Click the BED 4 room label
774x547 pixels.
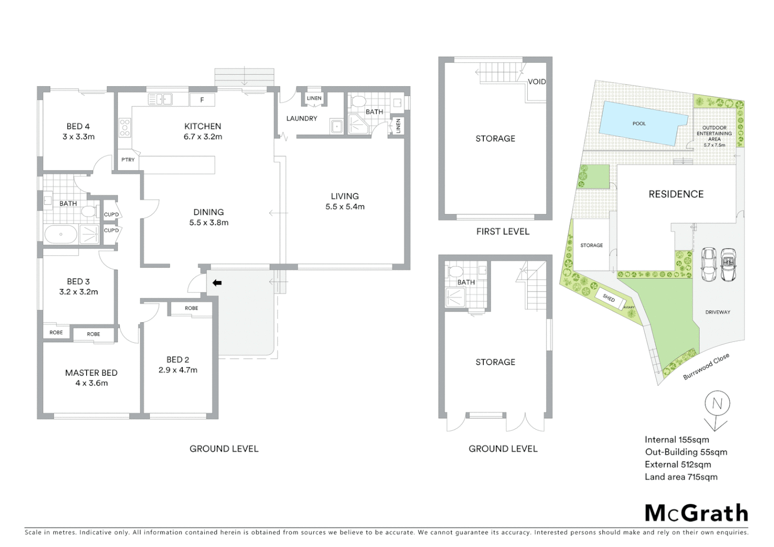[x=78, y=131]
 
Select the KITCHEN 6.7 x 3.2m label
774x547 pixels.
[x=203, y=131]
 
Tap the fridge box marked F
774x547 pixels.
[x=202, y=100]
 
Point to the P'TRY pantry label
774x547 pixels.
[x=128, y=160]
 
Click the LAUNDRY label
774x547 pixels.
[x=301, y=119]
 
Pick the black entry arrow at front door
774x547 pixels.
[x=217, y=283]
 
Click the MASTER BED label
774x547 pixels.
[x=91, y=378]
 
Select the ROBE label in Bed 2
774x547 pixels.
[x=191, y=308]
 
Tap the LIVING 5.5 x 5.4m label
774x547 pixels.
[x=344, y=201]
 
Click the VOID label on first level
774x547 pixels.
[x=536, y=82]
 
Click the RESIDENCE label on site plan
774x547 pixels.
[x=676, y=194]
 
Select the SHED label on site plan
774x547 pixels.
[x=609, y=298]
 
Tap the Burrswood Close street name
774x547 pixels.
[x=706, y=366]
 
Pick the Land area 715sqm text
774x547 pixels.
[x=681, y=477]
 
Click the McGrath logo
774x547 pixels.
[x=696, y=513]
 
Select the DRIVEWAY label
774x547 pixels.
[x=717, y=312]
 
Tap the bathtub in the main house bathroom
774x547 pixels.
[x=61, y=235]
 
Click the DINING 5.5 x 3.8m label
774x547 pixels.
[x=209, y=217]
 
